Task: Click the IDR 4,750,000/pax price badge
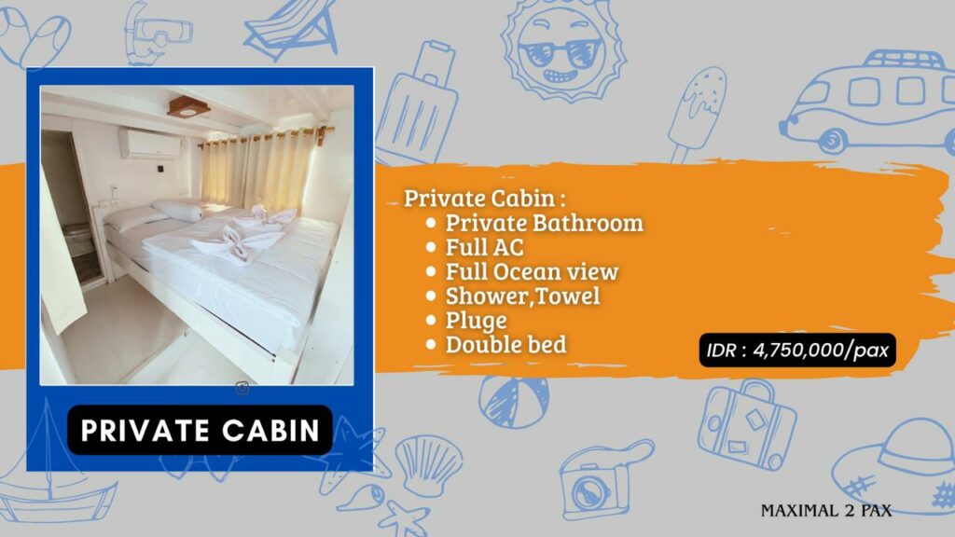tap(797, 351)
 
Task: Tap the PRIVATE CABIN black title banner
tap(200, 430)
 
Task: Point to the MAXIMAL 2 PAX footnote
tap(826, 510)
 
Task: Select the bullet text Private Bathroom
tap(544, 223)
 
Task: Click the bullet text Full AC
tap(484, 247)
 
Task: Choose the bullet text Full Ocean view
tap(532, 271)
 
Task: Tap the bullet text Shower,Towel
tap(522, 296)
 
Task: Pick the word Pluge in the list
tap(476, 321)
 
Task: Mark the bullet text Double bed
tap(505, 345)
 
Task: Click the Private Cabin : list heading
tap(485, 199)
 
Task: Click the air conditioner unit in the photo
tap(150, 145)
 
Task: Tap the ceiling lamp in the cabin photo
tap(188, 106)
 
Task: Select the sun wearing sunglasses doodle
tap(562, 51)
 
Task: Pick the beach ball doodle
tap(514, 402)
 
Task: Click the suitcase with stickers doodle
tap(747, 425)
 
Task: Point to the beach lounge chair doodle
tap(291, 29)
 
